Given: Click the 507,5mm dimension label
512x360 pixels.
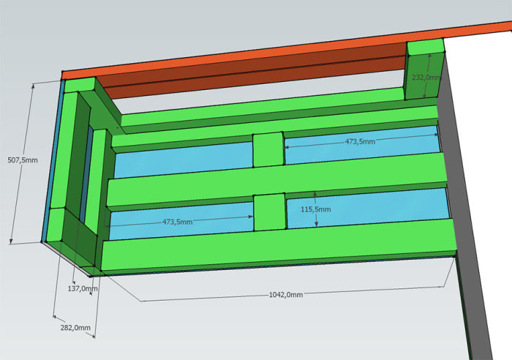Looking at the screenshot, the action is point(23,160).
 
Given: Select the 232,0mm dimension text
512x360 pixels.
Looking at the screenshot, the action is point(426,78).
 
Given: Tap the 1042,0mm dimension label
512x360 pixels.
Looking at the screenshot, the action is point(286,295).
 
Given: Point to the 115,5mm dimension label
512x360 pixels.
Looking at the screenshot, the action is point(316,209).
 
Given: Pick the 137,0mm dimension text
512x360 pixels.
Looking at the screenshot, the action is point(83,288).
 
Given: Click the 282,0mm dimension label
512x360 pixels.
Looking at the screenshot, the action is point(75,327).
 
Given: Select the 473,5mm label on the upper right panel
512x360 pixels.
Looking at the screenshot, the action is point(360,141).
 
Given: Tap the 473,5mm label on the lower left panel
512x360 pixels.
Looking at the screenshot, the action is point(177,222).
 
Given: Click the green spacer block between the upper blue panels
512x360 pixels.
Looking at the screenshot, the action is point(268,149).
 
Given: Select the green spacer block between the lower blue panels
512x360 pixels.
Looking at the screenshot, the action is point(270,212).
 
